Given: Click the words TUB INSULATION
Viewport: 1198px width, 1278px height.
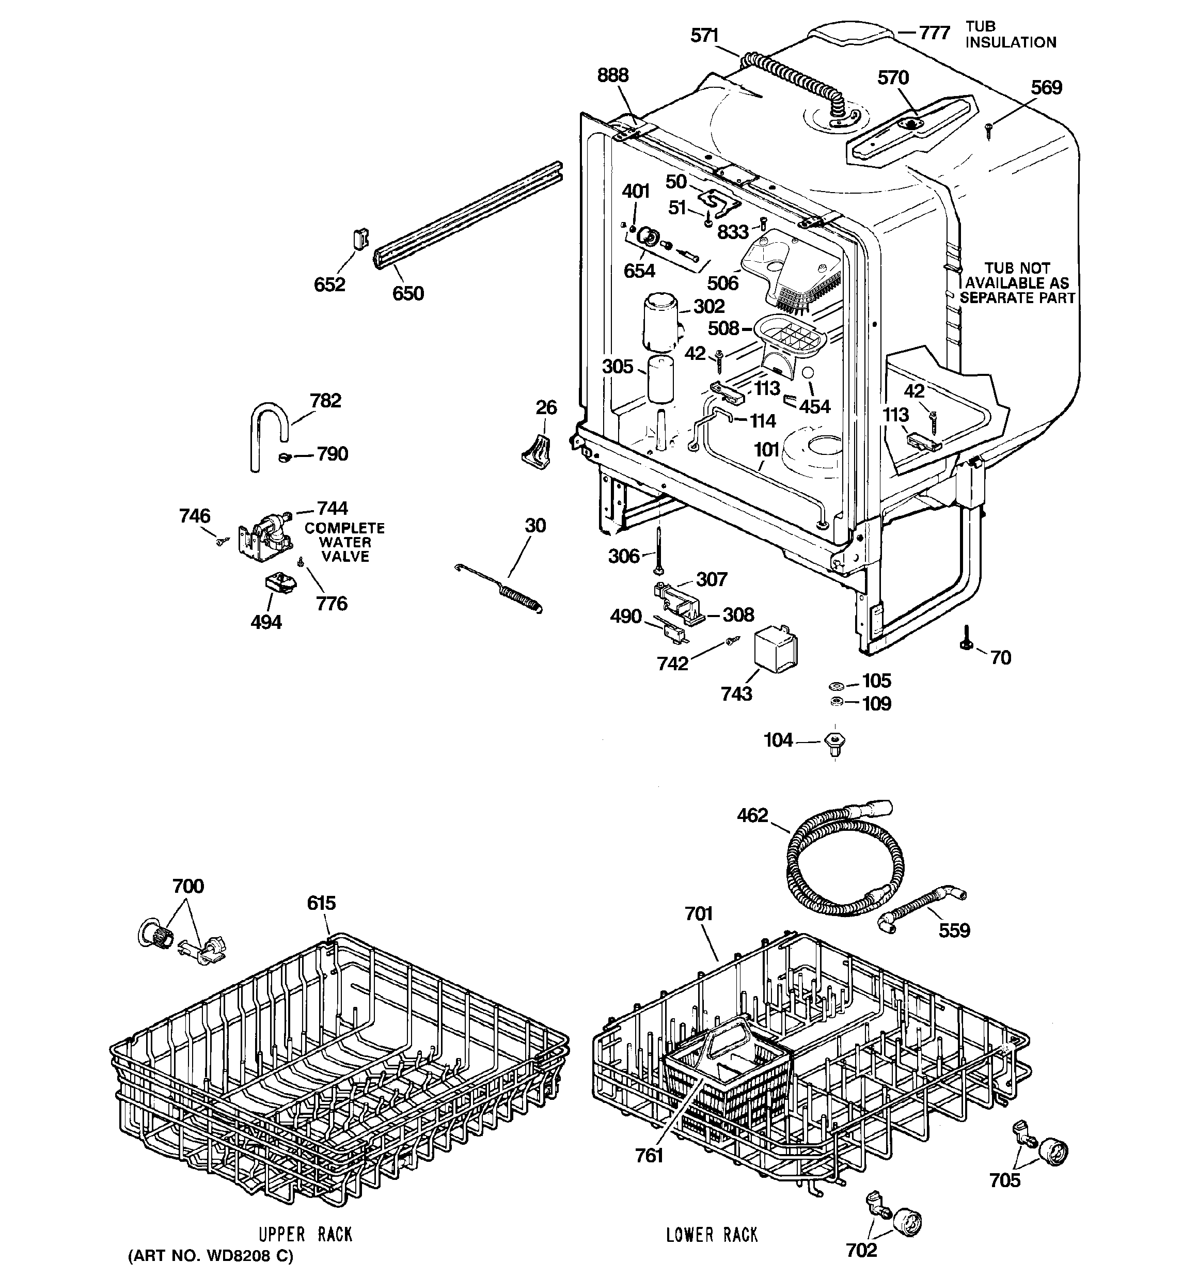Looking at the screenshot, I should tap(1010, 35).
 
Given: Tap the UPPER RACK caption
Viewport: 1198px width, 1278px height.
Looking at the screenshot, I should tap(306, 1234).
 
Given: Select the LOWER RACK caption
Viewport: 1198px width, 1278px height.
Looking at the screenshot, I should tap(712, 1234).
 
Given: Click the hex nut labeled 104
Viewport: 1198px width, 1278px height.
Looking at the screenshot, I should tap(834, 743).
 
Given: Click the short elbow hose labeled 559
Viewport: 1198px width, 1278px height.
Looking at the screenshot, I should tap(920, 911).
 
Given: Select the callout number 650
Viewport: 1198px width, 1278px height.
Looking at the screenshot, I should tap(408, 293).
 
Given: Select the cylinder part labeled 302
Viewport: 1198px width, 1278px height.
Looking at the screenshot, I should tap(660, 320).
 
